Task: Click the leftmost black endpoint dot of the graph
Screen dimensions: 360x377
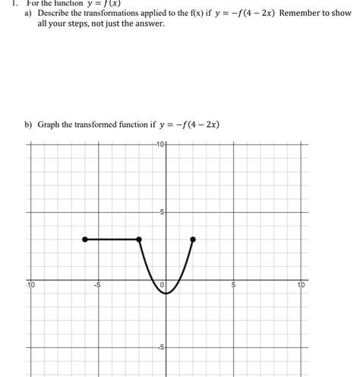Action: (x=85, y=239)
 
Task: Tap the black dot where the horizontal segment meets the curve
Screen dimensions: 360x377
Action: (x=139, y=239)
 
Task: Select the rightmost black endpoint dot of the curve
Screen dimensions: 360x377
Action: (x=193, y=239)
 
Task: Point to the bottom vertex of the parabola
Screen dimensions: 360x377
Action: (x=166, y=293)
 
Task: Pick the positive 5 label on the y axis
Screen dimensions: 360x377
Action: (x=162, y=212)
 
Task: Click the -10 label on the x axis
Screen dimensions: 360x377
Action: (x=30, y=285)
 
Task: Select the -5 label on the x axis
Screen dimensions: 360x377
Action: (x=97, y=286)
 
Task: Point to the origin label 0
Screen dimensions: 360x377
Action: (x=162, y=285)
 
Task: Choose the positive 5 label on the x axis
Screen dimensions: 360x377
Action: (x=234, y=286)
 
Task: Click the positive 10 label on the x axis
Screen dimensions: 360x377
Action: (x=301, y=286)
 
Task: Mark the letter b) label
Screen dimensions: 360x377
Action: (x=28, y=125)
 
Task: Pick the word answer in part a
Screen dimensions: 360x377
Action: (x=149, y=24)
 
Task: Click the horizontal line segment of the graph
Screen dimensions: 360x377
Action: (x=112, y=239)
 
